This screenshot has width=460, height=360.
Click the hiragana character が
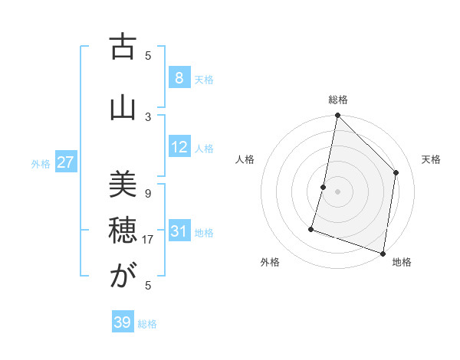[122, 277]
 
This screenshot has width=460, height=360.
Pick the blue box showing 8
[179, 78]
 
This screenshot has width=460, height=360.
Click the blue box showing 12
[179, 147]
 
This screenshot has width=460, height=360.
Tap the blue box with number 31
[179, 231]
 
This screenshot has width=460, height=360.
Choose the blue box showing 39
[122, 322]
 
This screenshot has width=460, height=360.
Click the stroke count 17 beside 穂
[149, 239]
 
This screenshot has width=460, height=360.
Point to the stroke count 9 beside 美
[148, 193]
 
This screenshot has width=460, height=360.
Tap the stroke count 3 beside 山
[148, 116]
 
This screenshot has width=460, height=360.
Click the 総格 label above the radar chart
[338, 100]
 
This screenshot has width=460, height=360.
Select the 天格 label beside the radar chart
[431, 159]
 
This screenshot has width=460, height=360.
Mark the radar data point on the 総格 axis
[337, 115]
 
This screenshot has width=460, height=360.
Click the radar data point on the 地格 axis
[383, 253]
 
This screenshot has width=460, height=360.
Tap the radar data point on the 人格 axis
[324, 187]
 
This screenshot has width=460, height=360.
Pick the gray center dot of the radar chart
[337, 191]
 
